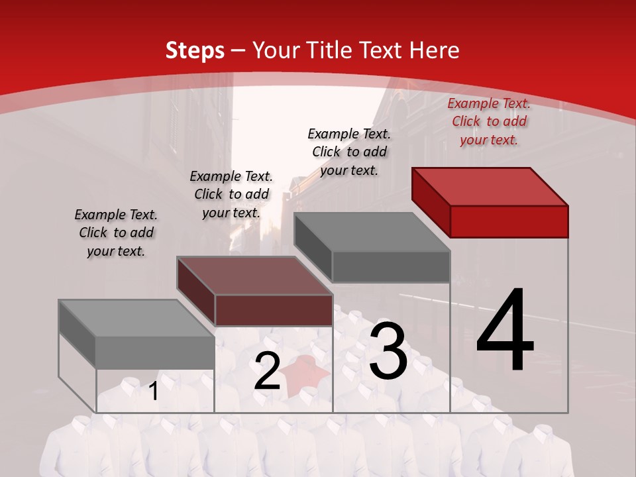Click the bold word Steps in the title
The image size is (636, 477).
195,51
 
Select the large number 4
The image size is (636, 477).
505,331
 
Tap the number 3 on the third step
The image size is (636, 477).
388,352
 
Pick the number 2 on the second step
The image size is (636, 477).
267,372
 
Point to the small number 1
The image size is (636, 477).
154,391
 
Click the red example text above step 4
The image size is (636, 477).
489,122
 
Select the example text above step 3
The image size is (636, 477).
349,152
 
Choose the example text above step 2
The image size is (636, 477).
231,194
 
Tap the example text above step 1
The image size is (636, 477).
116,233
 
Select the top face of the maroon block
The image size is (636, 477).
254,276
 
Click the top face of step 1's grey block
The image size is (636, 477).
136,318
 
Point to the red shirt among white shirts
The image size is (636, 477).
307,375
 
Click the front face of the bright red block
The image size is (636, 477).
509,221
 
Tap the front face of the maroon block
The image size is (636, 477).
274,310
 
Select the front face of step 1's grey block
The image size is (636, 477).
155,352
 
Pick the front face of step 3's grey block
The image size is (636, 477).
391,266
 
